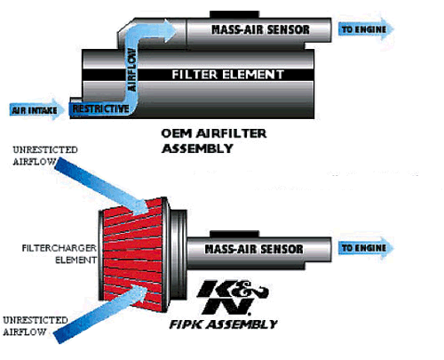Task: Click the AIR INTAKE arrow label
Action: (x=36, y=109)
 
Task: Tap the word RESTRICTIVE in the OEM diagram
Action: (x=100, y=108)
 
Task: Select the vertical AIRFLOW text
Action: (x=132, y=70)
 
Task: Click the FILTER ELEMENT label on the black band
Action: (x=228, y=75)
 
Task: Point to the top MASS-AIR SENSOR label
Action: (x=260, y=29)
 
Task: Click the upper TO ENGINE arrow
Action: (x=366, y=29)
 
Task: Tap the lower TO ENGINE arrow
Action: (x=366, y=248)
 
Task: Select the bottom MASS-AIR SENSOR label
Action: (x=254, y=249)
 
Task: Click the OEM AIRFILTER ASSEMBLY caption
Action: (x=214, y=140)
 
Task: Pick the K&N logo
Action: (x=232, y=297)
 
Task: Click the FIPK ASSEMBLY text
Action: (x=223, y=324)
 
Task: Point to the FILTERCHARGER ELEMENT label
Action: (x=59, y=254)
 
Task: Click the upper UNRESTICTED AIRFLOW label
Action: (x=45, y=156)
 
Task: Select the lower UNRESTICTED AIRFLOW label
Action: (x=35, y=326)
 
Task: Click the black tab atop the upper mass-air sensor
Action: (x=234, y=14)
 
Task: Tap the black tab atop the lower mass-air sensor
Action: (x=234, y=234)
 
